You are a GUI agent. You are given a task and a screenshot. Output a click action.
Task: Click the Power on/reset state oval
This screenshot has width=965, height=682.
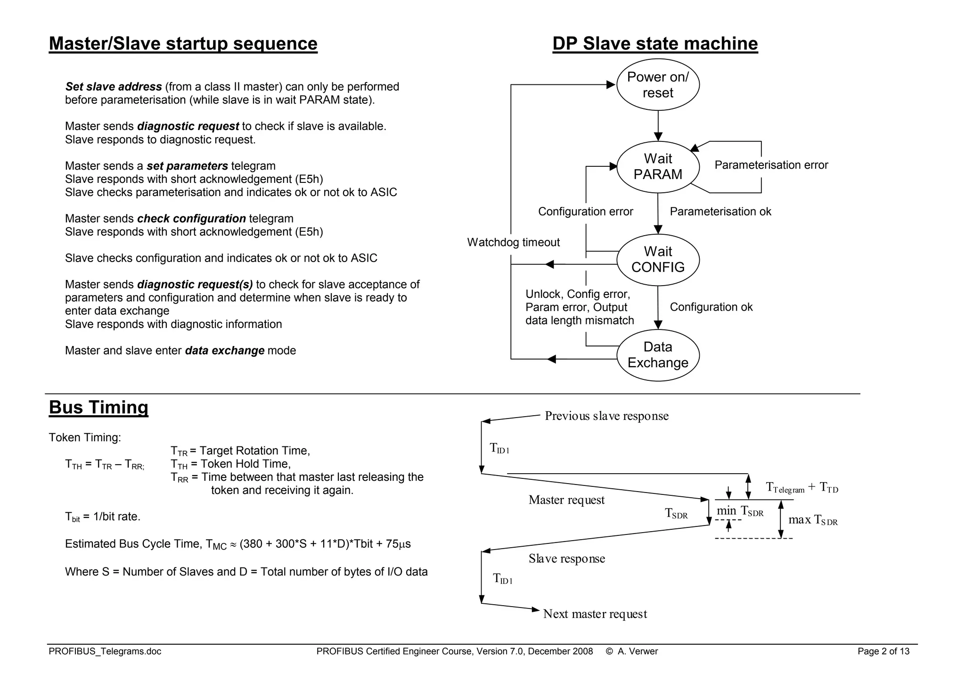658,85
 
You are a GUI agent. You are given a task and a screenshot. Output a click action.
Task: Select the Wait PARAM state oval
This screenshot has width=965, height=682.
658,167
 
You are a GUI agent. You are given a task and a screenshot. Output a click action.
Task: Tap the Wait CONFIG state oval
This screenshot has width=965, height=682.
658,260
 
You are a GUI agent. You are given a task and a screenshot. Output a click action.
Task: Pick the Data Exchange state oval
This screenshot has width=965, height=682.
658,355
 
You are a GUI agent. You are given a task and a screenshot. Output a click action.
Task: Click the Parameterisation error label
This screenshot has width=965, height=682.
771,165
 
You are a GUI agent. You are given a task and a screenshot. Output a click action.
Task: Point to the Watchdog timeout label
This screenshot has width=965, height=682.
513,242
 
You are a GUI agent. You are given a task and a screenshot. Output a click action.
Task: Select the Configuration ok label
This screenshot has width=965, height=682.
711,307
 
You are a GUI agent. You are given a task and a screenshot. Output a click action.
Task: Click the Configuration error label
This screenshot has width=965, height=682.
585,212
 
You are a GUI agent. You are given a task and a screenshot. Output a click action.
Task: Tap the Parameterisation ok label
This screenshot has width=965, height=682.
720,212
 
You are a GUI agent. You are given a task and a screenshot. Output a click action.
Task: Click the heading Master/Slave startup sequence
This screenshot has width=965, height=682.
183,43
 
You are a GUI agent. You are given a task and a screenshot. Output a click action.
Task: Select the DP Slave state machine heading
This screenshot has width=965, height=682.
655,43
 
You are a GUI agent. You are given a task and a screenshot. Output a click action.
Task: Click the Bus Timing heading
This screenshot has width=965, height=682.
98,407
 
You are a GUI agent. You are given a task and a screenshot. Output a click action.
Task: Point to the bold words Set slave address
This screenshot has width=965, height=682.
114,87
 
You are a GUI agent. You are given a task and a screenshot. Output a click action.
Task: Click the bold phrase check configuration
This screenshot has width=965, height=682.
191,219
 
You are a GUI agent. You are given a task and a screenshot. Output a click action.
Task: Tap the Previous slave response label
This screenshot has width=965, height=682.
606,416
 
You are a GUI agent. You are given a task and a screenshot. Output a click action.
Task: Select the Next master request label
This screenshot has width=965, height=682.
595,614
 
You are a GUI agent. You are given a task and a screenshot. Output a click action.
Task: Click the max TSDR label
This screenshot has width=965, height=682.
813,520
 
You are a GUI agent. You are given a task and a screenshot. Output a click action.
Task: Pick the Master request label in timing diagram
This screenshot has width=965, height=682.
566,500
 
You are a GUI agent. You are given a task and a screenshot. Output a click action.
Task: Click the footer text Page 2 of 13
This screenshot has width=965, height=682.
883,651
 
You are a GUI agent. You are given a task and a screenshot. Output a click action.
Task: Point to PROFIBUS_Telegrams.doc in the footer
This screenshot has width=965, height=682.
105,651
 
